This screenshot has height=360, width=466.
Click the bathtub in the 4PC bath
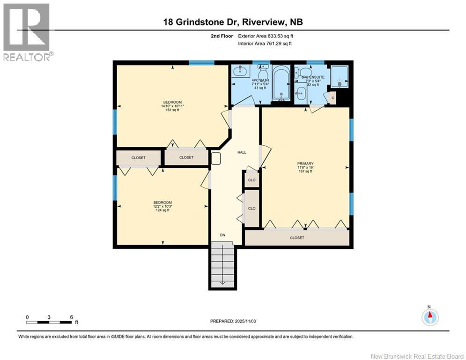click(x=281, y=84)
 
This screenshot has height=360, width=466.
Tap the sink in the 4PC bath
click(x=241, y=72)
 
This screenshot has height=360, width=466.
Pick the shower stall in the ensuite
click(x=340, y=76)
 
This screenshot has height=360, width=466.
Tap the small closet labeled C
click(x=332, y=97)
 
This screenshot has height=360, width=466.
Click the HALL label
click(x=242, y=152)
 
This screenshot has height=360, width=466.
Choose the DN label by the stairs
click(x=223, y=235)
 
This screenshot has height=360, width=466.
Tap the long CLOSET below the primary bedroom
click(x=297, y=238)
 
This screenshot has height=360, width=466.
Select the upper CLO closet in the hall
click(x=251, y=180)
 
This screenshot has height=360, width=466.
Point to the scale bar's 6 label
click(x=71, y=317)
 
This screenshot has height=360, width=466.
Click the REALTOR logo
click(x=27, y=32)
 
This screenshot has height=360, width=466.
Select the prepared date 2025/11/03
click(x=232, y=321)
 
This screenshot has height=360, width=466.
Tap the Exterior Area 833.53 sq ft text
click(x=266, y=36)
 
